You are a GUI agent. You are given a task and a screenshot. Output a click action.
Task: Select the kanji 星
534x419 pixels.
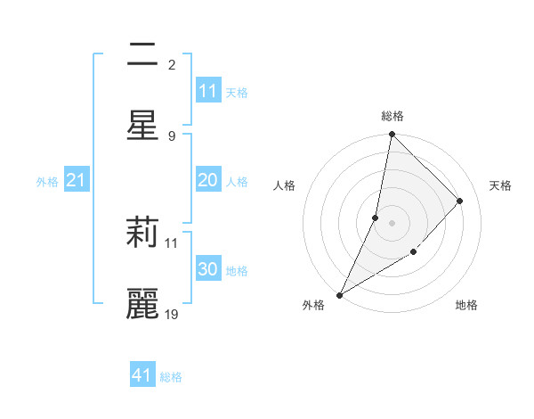[x=142, y=124]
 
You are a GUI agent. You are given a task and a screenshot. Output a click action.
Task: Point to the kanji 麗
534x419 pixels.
[x=142, y=303]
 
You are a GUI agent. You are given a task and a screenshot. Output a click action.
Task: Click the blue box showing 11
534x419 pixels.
[x=208, y=91]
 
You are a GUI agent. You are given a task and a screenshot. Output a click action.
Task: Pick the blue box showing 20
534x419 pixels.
[x=208, y=180]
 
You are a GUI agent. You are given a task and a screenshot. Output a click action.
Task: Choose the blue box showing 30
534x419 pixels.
[x=208, y=269]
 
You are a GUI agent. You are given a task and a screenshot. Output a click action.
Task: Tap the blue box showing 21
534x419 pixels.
[x=77, y=181]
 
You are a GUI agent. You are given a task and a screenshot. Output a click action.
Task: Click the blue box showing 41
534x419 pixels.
[x=142, y=375]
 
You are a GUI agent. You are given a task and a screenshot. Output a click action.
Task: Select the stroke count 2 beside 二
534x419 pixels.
[x=172, y=64]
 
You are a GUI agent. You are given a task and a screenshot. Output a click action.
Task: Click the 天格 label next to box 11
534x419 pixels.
[x=237, y=92]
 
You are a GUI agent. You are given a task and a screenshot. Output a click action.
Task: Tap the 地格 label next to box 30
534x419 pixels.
[x=237, y=270]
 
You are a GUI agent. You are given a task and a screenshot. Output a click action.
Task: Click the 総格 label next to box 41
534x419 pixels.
[x=171, y=376]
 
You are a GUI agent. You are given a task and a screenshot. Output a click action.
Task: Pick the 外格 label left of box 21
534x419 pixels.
[x=47, y=182]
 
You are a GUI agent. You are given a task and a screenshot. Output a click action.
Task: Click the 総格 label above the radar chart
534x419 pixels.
[x=392, y=116]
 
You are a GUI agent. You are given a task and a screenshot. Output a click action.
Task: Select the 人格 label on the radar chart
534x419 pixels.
[x=284, y=185]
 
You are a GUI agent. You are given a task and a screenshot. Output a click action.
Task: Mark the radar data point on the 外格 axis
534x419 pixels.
[x=339, y=294]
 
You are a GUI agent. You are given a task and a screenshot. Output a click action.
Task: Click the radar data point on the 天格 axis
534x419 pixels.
[x=460, y=201]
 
